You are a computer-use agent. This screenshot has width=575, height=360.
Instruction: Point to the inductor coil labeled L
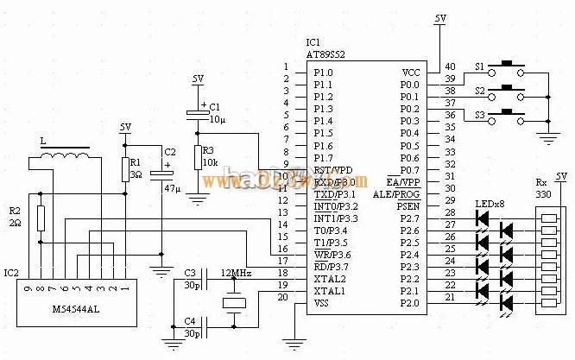pos(66,157)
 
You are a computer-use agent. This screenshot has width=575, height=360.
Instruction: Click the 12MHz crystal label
pos(236,273)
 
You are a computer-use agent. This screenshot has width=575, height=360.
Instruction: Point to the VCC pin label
pos(412,73)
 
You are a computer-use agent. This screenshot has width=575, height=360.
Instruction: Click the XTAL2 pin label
pos(329,279)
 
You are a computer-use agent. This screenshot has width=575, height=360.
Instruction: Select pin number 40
pos(449,66)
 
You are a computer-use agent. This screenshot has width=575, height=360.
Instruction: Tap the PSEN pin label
pos(408,206)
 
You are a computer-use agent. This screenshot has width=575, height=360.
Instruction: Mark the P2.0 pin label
pos(410,303)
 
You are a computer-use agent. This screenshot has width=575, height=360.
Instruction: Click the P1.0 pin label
pos(323,73)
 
